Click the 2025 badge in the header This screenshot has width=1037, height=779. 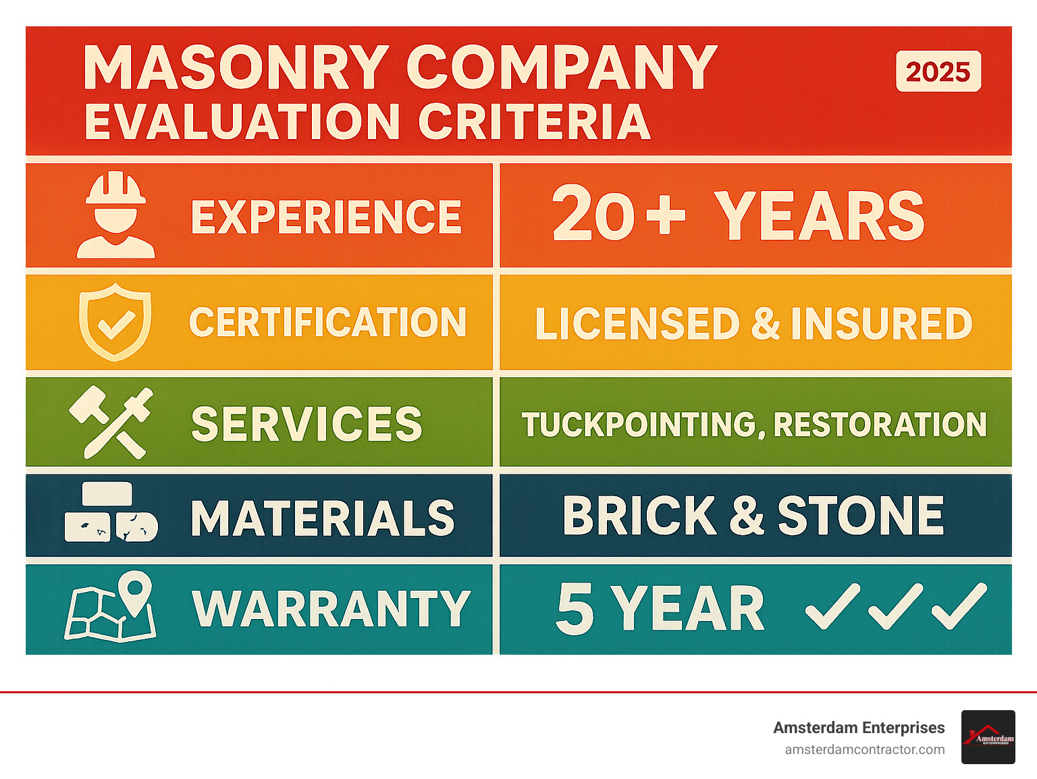938,71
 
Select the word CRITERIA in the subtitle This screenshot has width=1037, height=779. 534,122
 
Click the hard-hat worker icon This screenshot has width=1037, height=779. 116,215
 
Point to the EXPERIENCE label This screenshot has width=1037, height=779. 326,217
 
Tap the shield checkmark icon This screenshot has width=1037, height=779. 115,321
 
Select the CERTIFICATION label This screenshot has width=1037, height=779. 327,322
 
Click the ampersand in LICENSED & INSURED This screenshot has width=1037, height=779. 766,323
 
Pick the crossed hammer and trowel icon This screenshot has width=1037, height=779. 112,422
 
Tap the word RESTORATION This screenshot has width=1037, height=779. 880,425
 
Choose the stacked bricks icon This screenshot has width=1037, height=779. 111,512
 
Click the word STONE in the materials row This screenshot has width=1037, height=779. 860,516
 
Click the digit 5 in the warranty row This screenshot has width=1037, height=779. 575,609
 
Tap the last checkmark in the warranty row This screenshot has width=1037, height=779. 959,606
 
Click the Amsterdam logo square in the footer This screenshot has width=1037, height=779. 988,737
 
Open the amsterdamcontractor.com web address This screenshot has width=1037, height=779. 864,749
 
